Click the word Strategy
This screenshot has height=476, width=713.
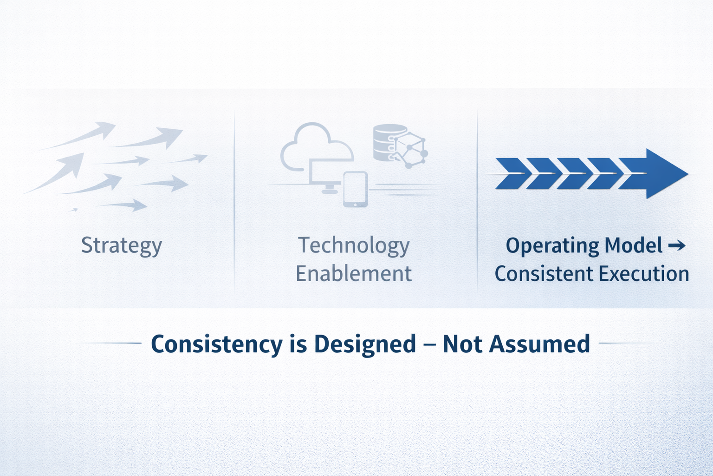[x=122, y=246]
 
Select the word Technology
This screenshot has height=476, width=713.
[x=354, y=246]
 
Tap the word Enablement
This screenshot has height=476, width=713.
[x=354, y=273]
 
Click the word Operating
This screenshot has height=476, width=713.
[x=552, y=246]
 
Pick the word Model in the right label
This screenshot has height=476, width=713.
[x=634, y=245]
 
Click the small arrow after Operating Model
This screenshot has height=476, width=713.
[x=677, y=245]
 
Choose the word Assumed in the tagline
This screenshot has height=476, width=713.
[x=539, y=344]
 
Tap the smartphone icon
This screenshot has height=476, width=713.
[x=356, y=189]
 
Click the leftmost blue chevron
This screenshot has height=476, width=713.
[x=511, y=174]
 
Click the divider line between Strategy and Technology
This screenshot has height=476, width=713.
[x=234, y=201]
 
